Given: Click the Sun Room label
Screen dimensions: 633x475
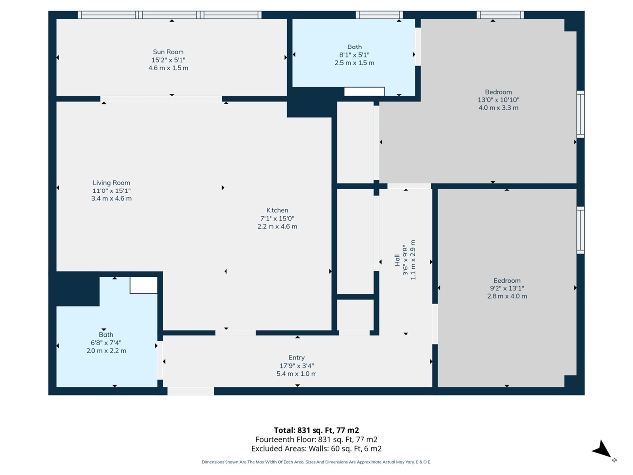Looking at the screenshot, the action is pyautogui.click(x=168, y=52).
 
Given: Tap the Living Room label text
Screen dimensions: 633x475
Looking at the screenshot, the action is pyautogui.click(x=111, y=183).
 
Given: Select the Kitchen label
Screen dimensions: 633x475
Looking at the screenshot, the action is pyautogui.click(x=277, y=210).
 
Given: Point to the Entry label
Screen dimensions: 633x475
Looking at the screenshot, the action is pyautogui.click(x=296, y=358).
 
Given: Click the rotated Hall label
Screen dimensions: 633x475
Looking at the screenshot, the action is pyautogui.click(x=397, y=260).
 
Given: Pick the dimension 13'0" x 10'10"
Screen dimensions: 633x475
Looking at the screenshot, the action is pyautogui.click(x=498, y=100).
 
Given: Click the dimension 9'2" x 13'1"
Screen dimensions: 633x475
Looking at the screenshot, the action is pyautogui.click(x=507, y=288).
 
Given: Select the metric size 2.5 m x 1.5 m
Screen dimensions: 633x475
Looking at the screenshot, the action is pyautogui.click(x=355, y=63).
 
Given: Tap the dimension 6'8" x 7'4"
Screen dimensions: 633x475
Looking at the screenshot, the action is pyautogui.click(x=106, y=343).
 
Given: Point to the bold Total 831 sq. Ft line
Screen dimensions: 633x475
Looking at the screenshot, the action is pyautogui.click(x=316, y=430).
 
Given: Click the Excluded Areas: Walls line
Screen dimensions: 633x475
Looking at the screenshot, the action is pyautogui.click(x=316, y=449).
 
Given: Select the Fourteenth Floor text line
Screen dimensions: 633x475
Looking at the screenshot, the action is pyautogui.click(x=316, y=439).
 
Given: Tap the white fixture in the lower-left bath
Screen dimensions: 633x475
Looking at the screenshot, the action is pyautogui.click(x=143, y=285).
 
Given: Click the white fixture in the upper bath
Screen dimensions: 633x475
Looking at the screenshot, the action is pyautogui.click(x=364, y=92).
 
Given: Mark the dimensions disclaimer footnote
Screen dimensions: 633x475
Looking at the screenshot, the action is pyautogui.click(x=316, y=462).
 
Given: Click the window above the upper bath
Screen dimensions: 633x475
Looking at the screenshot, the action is pyautogui.click(x=379, y=15).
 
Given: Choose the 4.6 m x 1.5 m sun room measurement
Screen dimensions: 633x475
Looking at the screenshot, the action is pyautogui.click(x=169, y=68).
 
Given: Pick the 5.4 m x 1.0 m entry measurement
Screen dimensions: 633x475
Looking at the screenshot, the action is pyautogui.click(x=296, y=374).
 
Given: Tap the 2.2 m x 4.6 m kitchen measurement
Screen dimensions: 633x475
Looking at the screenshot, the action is pyautogui.click(x=277, y=227).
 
